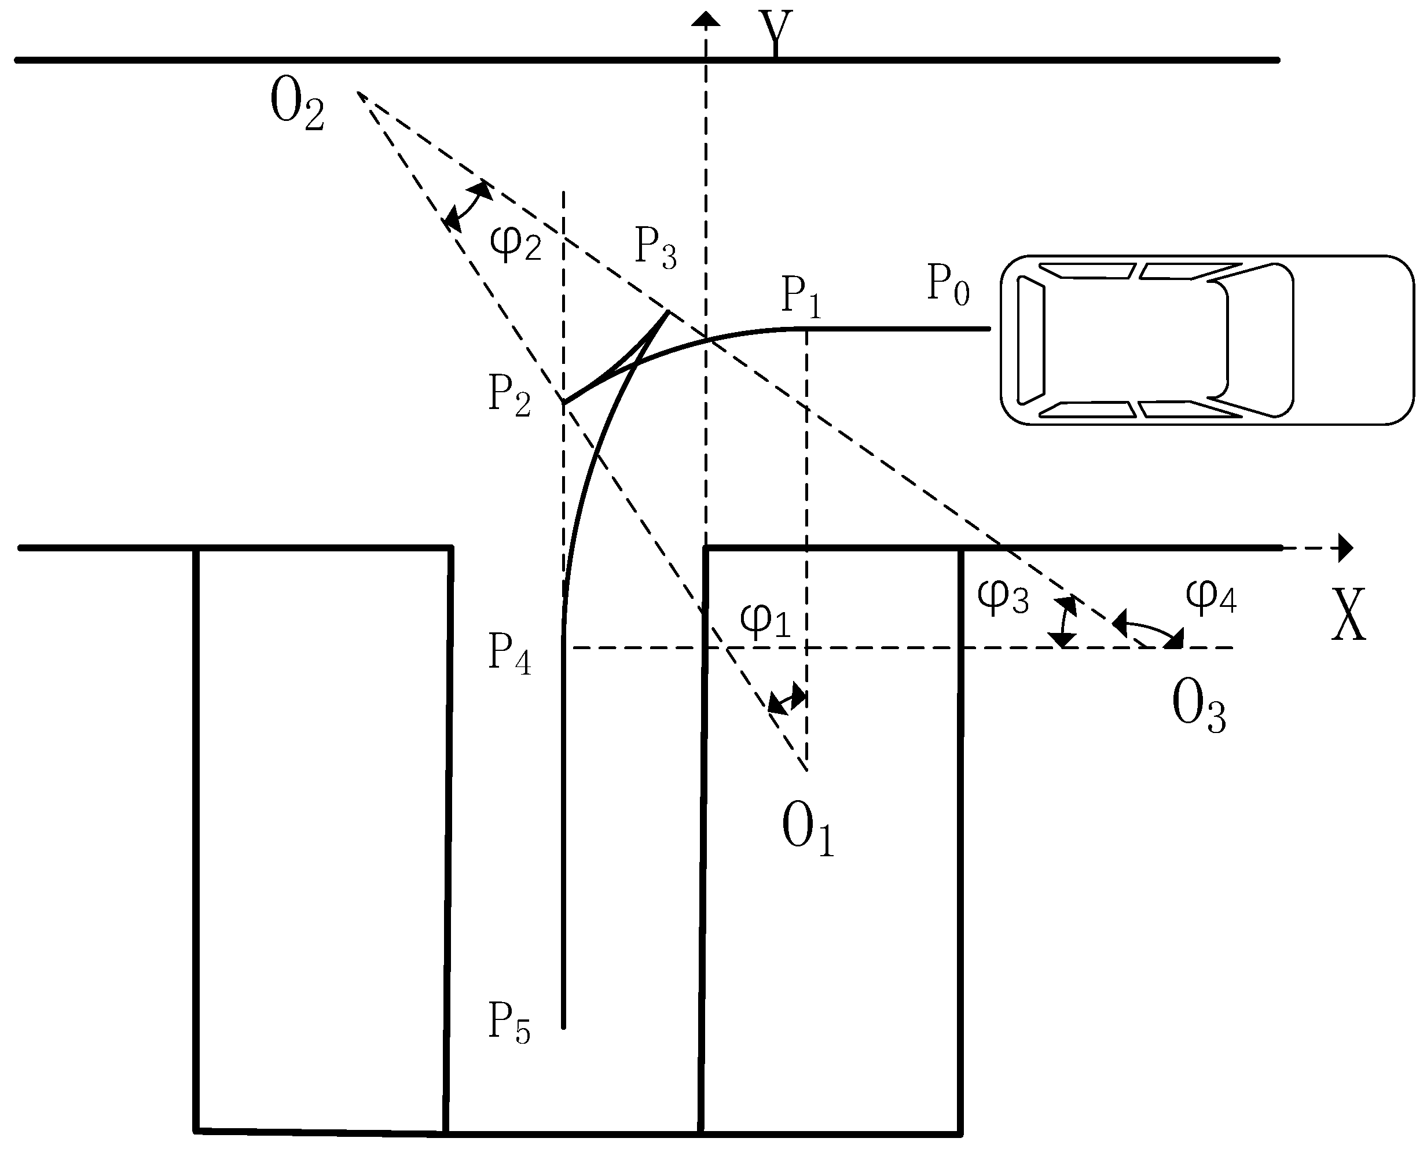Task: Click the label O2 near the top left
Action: [x=296, y=106]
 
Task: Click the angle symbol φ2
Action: [x=515, y=242]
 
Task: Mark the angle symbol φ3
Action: [x=1003, y=596]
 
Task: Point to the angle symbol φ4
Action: [x=1210, y=596]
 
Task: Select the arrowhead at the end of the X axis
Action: [x=1345, y=548]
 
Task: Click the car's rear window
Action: [x=1030, y=340]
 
